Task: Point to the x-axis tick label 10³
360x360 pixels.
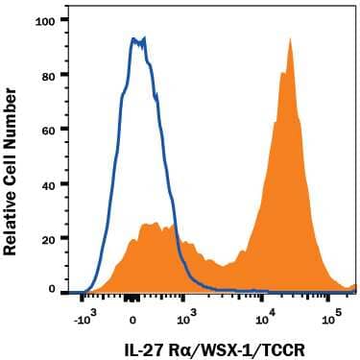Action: [186, 313]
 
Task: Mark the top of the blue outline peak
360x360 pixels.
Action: [137, 38]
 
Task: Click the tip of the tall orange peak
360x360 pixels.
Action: [288, 39]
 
